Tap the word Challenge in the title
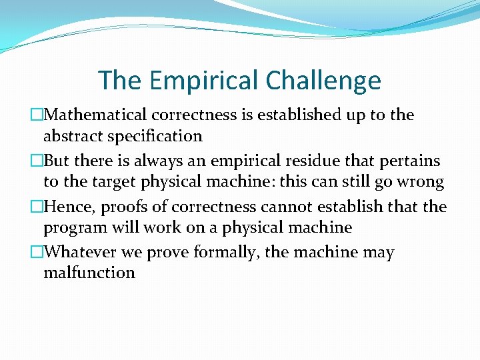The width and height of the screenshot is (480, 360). [323, 81]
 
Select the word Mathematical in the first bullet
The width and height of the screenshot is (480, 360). [94, 115]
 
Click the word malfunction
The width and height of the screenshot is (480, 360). [89, 273]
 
